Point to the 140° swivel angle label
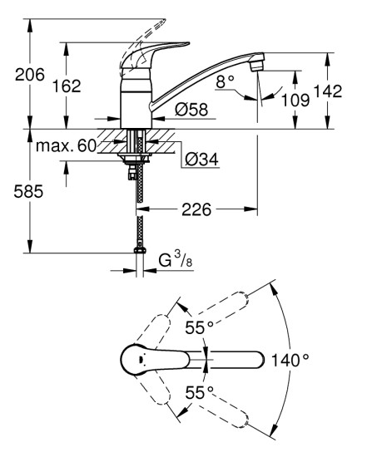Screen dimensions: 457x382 click(290, 360)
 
